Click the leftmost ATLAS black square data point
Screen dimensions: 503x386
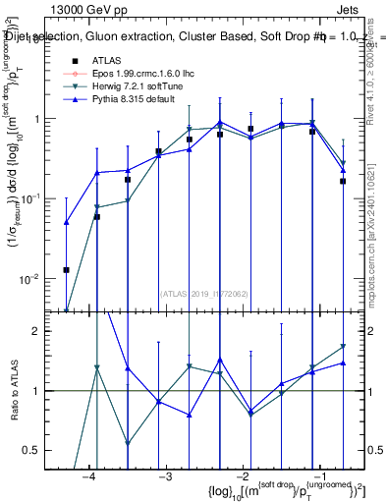[67, 269]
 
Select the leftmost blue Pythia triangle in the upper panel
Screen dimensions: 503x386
[67, 222]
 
